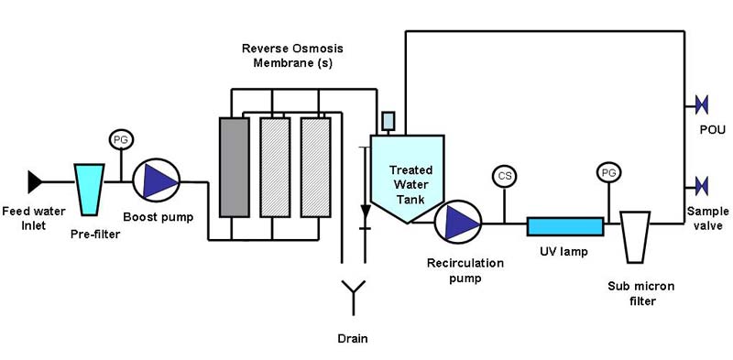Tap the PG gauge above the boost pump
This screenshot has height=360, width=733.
(x=120, y=140)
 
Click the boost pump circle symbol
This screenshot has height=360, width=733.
(x=157, y=183)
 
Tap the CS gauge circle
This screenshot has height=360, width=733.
(x=503, y=175)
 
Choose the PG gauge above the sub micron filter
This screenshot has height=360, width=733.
(x=607, y=171)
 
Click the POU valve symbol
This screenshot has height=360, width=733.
(x=702, y=104)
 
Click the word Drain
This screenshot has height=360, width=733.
(x=352, y=339)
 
